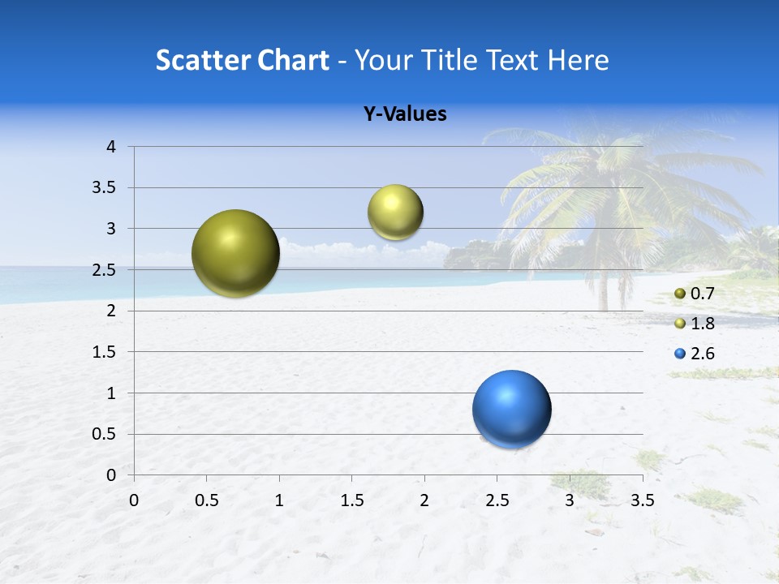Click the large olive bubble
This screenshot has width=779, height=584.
click(x=236, y=253)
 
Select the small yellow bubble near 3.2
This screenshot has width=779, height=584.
click(x=395, y=213)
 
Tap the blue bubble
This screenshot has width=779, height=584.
click(x=511, y=409)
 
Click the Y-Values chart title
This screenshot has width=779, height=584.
click(x=405, y=114)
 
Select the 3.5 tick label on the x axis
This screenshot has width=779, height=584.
click(x=642, y=500)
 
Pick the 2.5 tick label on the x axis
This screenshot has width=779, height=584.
click(x=497, y=500)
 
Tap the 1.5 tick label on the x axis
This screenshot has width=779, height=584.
click(x=351, y=500)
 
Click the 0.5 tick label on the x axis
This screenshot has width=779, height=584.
click(x=206, y=500)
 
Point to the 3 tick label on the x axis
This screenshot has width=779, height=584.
click(x=570, y=500)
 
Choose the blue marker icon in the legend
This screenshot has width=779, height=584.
click(x=680, y=354)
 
